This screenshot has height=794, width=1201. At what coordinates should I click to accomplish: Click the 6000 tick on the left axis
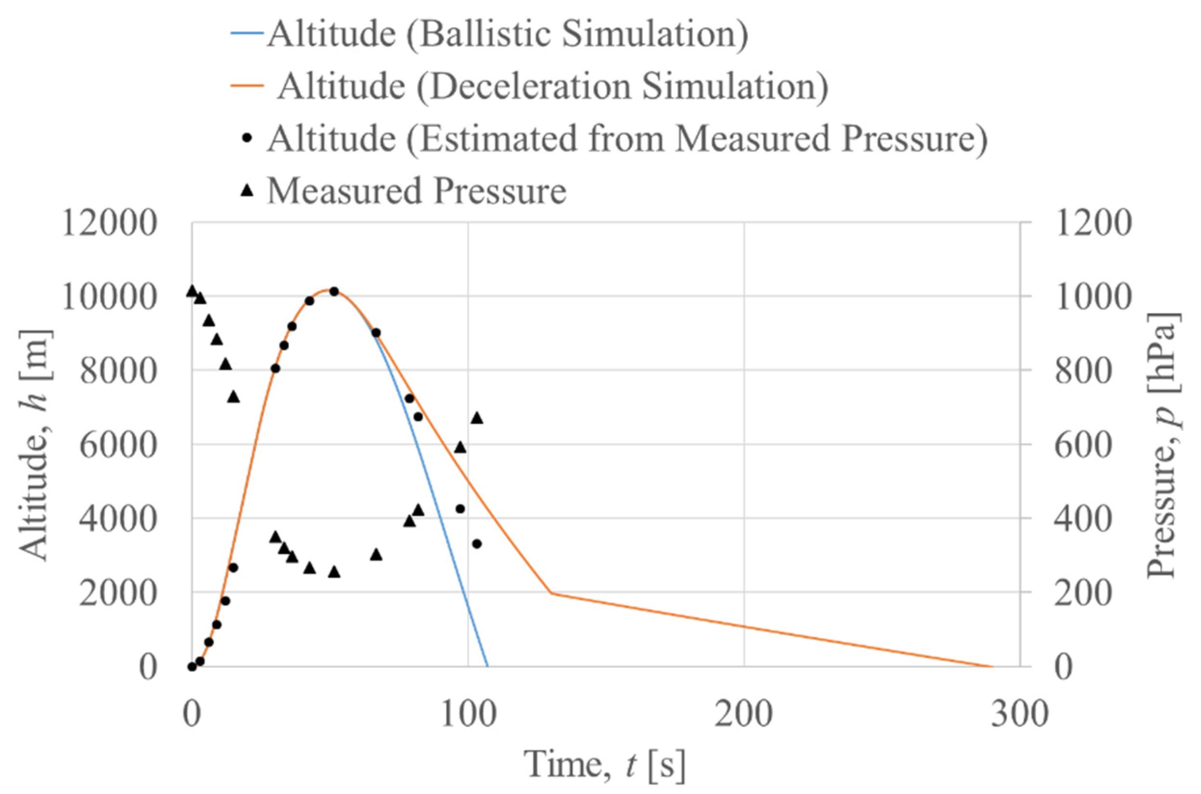[118, 445]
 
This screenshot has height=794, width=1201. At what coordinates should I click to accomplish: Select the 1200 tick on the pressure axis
[1093, 223]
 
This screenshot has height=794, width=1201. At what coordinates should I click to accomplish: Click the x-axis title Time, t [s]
[605, 764]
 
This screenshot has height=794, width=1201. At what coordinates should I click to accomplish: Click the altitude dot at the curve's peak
[334, 291]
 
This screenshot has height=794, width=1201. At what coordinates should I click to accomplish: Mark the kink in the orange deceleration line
[551, 592]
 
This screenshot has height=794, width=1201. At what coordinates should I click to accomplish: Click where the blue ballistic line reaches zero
[487, 666]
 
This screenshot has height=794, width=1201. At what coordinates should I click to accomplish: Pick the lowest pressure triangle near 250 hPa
[334, 572]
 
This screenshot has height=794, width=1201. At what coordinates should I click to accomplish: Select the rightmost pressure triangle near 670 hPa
[477, 418]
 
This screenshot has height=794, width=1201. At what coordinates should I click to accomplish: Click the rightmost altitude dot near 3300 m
[477, 544]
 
